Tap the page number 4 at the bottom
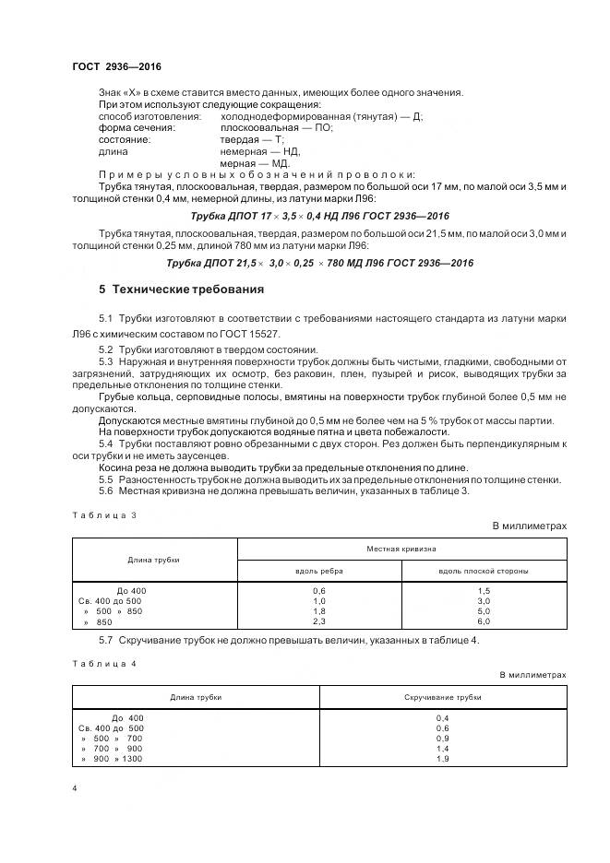point(74,789)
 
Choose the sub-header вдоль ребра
point(319,571)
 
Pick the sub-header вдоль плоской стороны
point(484,571)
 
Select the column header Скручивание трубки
point(443,697)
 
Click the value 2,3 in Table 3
point(319,622)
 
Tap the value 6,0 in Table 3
point(484,622)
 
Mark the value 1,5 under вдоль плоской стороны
point(484,589)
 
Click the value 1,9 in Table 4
point(443,758)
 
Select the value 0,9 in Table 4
point(443,738)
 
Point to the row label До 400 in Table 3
point(131,589)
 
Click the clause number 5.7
point(105,641)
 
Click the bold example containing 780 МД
point(319,263)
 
